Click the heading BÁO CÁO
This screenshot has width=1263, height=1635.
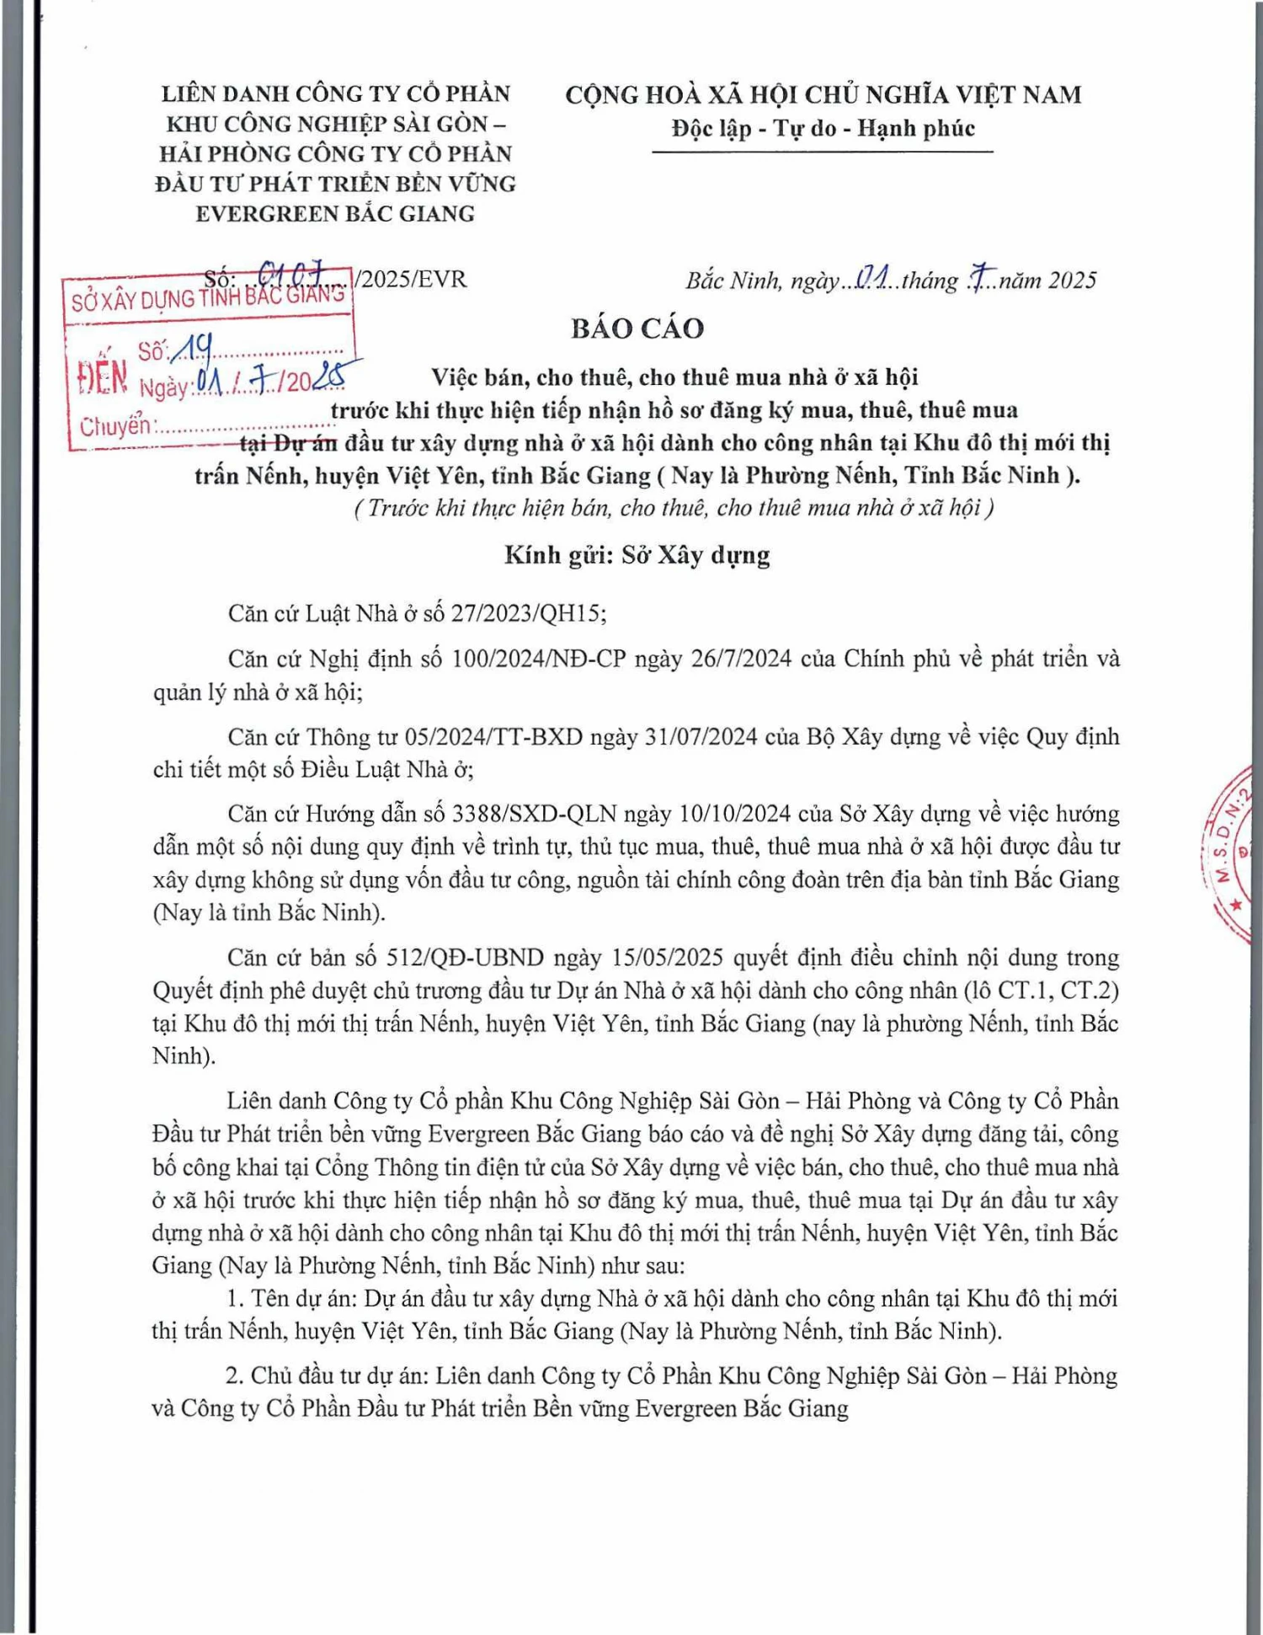click(637, 329)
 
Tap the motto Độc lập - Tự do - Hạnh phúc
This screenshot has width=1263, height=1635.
click(823, 129)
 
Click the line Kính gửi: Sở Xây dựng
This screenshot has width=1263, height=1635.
click(637, 555)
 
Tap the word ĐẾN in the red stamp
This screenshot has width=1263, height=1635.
click(102, 378)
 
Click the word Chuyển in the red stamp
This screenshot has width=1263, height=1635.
click(115, 426)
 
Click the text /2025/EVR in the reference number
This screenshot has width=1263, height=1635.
click(410, 279)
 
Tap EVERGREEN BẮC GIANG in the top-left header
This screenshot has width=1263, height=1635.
click(335, 214)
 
